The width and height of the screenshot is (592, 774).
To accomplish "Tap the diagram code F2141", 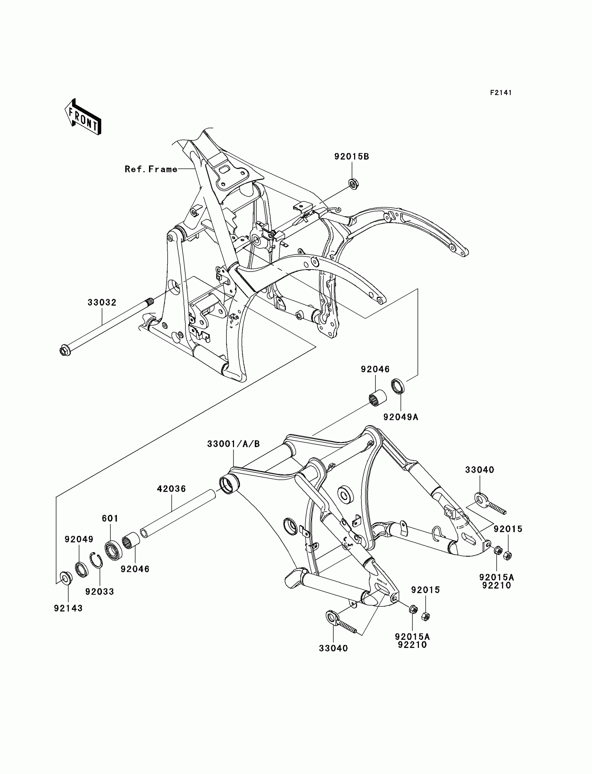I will pyautogui.click(x=501, y=93).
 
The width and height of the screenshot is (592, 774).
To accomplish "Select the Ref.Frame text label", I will pyautogui.click(x=151, y=169).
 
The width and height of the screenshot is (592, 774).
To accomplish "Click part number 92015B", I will pyautogui.click(x=352, y=156).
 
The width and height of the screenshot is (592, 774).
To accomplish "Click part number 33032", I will pyautogui.click(x=102, y=302).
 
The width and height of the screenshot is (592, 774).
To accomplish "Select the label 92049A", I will pyautogui.click(x=401, y=417).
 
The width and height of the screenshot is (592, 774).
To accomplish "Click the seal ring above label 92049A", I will pyautogui.click(x=398, y=385).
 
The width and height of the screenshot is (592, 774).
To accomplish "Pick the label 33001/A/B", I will pyautogui.click(x=233, y=444).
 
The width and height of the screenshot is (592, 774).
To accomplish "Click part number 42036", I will pyautogui.click(x=171, y=488).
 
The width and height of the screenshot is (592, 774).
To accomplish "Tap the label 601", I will pyautogui.click(x=110, y=518).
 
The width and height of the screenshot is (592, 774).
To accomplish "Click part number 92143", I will pyautogui.click(x=68, y=608).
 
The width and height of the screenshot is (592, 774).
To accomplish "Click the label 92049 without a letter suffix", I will pyautogui.click(x=79, y=539).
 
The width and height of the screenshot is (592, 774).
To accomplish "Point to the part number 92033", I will pyautogui.click(x=100, y=592).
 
